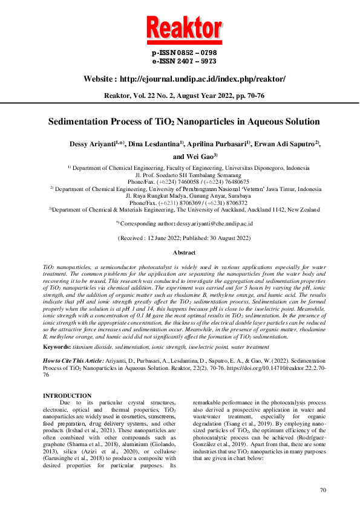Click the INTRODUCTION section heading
point(67,395)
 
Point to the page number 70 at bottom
point(323,490)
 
